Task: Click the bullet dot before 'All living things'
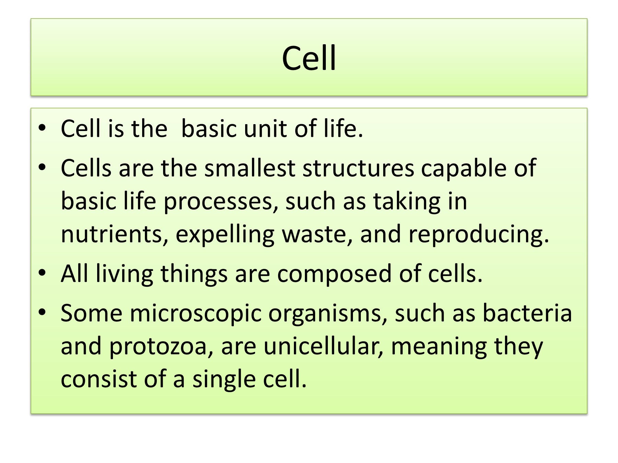click(42, 274)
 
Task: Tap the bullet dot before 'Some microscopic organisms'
click(42, 313)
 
